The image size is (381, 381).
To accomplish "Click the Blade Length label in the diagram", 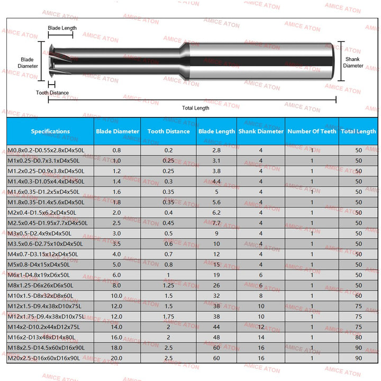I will (x=62, y=28).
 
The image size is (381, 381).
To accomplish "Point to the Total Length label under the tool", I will (x=195, y=108).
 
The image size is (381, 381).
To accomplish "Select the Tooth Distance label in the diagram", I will (x=52, y=93).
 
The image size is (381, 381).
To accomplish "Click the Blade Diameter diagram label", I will (x=29, y=62).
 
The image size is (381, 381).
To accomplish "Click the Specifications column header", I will (x=50, y=131).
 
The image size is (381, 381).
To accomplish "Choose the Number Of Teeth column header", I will (x=312, y=131).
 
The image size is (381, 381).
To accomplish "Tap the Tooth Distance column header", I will (x=168, y=131).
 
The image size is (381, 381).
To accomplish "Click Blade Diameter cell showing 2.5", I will (x=116, y=223).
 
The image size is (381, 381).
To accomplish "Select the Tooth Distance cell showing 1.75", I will (x=168, y=317).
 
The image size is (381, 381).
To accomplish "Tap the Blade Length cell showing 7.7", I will (x=216, y=223).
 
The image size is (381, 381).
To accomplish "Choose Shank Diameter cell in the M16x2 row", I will (x=261, y=338).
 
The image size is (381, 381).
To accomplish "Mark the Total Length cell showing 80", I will (x=359, y=338).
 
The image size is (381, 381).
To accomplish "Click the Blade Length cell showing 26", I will (x=216, y=286).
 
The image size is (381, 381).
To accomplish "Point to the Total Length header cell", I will (x=358, y=131).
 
